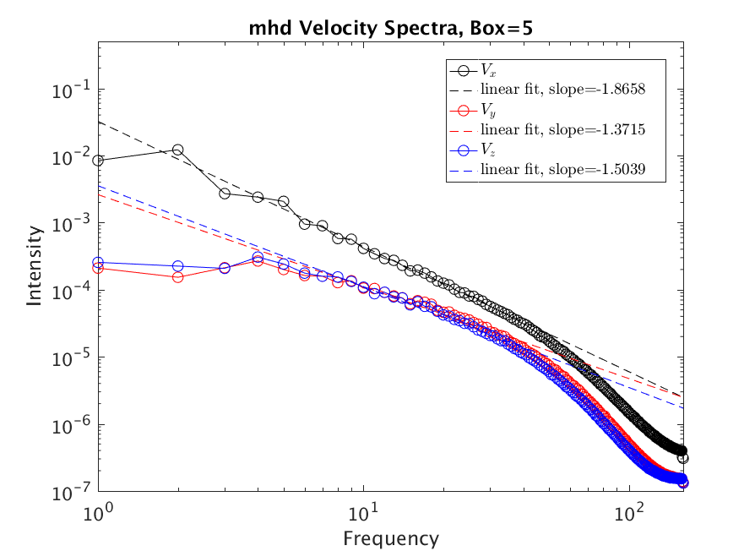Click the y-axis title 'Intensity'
(x=35, y=265)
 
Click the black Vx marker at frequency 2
(x=178, y=150)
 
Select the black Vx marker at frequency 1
(x=99, y=161)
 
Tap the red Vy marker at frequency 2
(x=178, y=276)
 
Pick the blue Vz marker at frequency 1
(x=99, y=263)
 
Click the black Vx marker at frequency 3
(x=225, y=194)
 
